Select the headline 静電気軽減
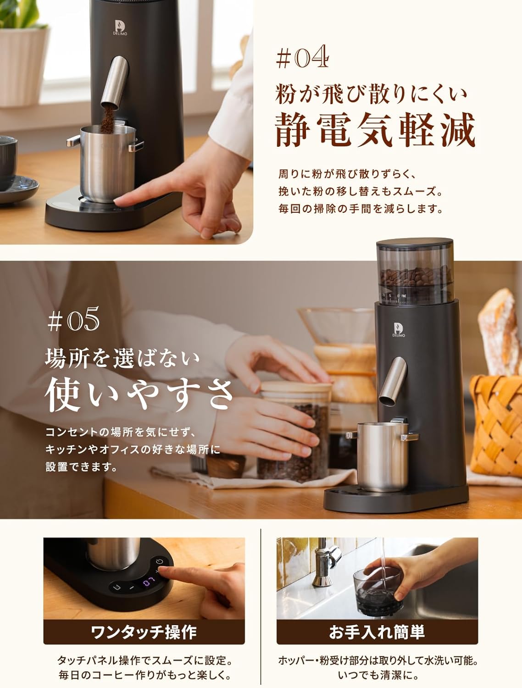click(375, 129)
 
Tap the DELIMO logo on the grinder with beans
click(399, 330)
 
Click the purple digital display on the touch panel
click(149, 583)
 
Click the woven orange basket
click(496, 425)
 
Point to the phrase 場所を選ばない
click(122, 358)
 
